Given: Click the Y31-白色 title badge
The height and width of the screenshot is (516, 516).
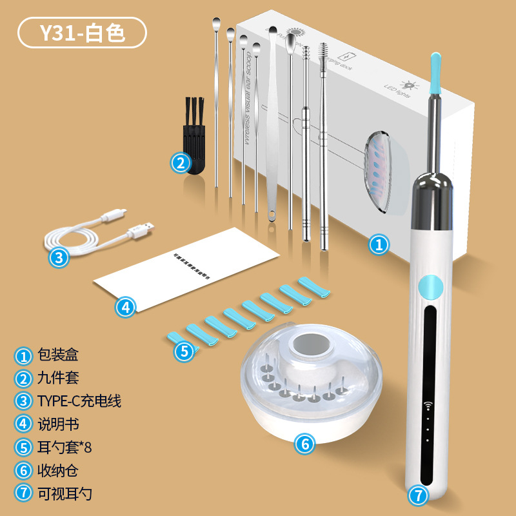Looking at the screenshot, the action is click(83, 33).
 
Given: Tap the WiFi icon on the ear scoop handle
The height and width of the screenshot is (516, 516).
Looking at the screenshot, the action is click(426, 406).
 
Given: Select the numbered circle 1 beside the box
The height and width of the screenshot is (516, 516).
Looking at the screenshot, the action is click(379, 244).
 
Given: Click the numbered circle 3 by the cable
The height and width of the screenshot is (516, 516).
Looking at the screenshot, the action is click(59, 258).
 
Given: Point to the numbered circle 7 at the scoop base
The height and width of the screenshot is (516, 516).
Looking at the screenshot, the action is click(419, 495).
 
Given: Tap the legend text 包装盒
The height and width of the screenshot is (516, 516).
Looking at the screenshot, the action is click(57, 355).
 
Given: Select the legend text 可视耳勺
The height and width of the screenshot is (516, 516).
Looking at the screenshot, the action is click(64, 494).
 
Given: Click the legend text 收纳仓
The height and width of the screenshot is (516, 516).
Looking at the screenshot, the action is click(57, 471).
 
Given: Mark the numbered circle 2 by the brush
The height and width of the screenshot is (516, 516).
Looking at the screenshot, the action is click(180, 163).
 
